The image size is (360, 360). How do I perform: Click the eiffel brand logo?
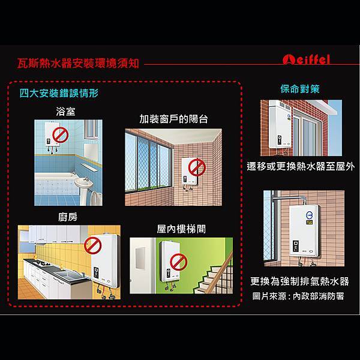(306, 59)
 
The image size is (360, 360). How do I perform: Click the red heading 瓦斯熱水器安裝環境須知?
(78, 63)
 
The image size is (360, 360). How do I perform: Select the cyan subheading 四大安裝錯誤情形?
(59, 93)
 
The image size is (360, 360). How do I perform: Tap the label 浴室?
(65, 112)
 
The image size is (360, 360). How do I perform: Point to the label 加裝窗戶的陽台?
(173, 119)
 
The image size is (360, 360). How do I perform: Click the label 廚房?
(68, 217)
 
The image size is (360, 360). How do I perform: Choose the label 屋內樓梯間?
(181, 229)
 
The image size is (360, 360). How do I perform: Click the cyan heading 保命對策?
(300, 89)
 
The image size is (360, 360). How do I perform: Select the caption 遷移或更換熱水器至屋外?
(301, 166)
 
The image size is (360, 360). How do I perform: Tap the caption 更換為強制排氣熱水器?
(299, 281)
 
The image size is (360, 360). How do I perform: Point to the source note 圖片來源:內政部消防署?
(298, 296)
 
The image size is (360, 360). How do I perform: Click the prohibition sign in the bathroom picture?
(61, 135)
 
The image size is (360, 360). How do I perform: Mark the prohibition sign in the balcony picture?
(197, 167)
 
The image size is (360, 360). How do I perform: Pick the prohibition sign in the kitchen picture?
(92, 245)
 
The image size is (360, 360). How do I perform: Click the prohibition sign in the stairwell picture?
(179, 262)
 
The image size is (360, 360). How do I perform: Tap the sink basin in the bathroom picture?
(83, 183)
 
